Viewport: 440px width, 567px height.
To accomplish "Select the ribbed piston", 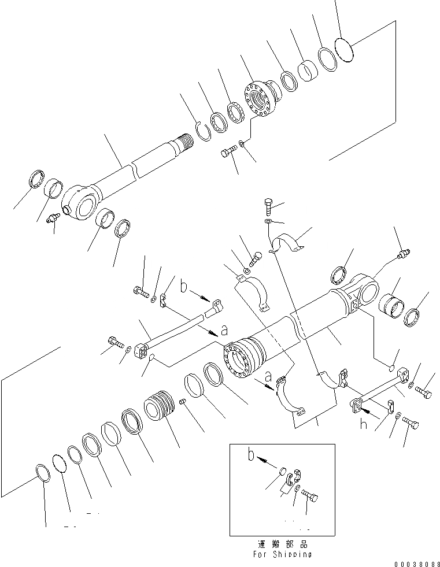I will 159,407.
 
